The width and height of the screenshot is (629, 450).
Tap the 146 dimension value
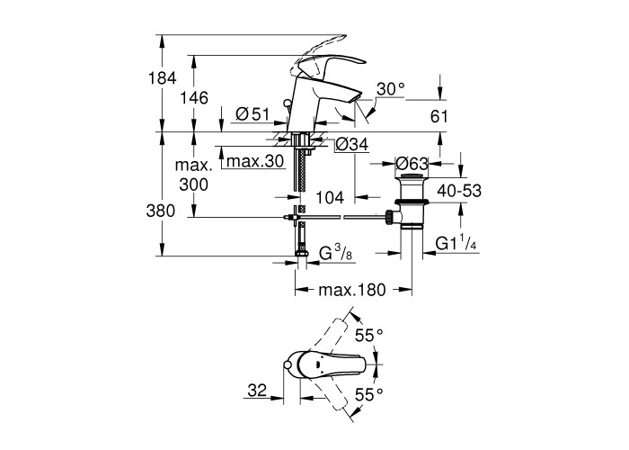(x=195, y=98)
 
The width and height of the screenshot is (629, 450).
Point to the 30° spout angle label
(x=391, y=89)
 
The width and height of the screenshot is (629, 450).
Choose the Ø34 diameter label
(x=351, y=144)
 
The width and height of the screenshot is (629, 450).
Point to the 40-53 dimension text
(x=460, y=191)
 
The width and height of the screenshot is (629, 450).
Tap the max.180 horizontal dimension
(x=353, y=291)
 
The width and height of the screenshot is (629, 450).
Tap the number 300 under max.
(x=195, y=184)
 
